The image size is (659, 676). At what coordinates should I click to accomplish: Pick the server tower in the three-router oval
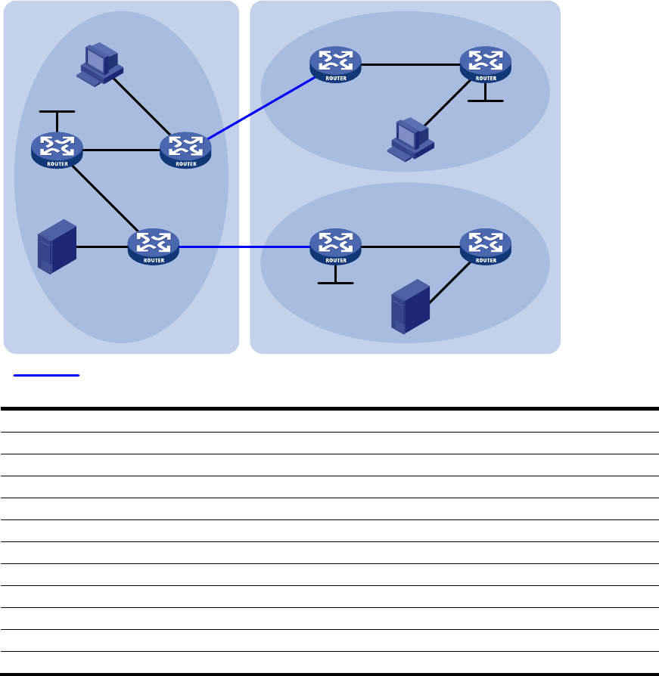(x=58, y=246)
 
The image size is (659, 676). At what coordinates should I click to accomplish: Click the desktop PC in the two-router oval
(x=408, y=138)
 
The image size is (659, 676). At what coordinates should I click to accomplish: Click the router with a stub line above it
(x=57, y=149)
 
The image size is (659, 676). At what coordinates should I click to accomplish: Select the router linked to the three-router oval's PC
(x=185, y=150)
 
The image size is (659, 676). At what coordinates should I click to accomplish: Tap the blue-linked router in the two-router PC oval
(x=336, y=64)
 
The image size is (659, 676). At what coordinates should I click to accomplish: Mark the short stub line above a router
(x=58, y=112)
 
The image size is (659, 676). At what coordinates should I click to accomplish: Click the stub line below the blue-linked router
(x=336, y=283)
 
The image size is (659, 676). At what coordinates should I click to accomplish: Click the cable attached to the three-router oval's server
(x=102, y=247)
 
